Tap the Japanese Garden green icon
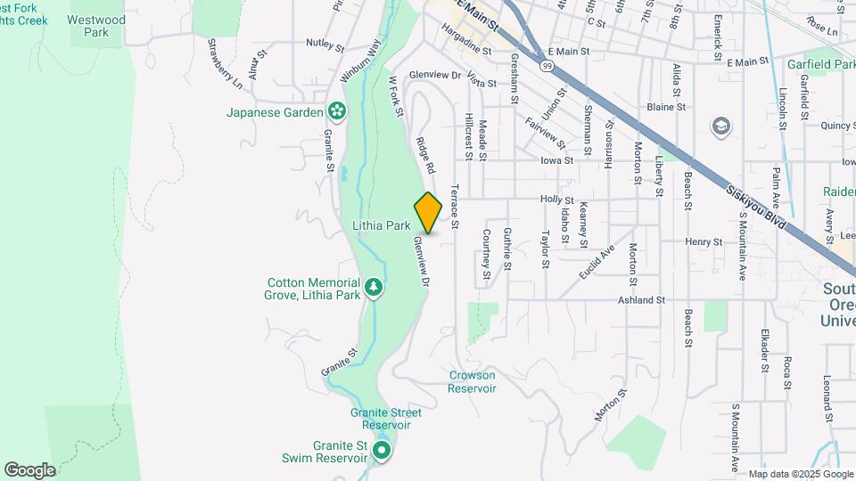(x=337, y=111)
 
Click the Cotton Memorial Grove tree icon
(x=374, y=287)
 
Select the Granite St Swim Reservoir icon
(x=382, y=452)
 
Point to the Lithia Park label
(x=380, y=226)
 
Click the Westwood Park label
(x=96, y=25)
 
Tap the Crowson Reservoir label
(x=472, y=381)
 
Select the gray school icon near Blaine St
(x=719, y=126)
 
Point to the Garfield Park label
(x=820, y=64)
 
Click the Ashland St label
(x=642, y=301)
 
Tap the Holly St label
(x=556, y=200)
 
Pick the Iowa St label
(x=556, y=160)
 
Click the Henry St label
(x=704, y=241)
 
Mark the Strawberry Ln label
(x=224, y=63)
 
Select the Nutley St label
(x=324, y=43)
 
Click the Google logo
(x=29, y=470)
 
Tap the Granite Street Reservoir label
(x=385, y=419)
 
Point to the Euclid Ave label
(x=597, y=263)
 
